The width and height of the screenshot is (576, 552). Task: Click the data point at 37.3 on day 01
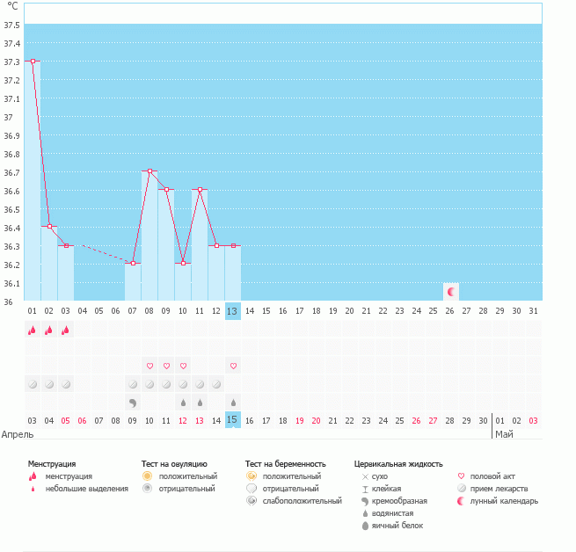[33, 62]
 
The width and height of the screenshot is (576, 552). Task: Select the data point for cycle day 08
[149, 171]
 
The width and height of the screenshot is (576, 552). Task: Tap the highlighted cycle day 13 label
[232, 311]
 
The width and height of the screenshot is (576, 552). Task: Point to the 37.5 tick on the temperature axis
[12, 25]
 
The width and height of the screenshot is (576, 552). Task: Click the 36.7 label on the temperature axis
[12, 172]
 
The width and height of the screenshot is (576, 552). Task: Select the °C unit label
[12, 6]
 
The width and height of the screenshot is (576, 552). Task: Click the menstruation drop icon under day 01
[33, 330]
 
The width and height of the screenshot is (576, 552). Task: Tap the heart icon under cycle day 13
[233, 366]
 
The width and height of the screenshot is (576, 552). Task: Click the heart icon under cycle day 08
[149, 366]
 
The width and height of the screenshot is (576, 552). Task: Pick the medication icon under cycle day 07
[133, 384]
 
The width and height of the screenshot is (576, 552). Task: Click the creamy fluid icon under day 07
[133, 403]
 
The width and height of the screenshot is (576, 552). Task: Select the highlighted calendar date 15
[232, 421]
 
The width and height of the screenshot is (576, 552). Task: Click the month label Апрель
[18, 434]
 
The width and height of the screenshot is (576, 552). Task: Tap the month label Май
[504, 434]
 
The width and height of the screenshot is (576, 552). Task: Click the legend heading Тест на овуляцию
[174, 463]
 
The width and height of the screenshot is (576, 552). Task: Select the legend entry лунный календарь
[504, 501]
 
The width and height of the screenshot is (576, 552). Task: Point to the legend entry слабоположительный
[302, 501]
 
